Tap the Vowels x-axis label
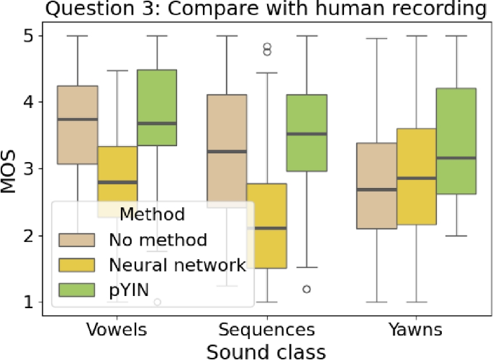118,329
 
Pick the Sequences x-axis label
267,329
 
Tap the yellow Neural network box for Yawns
416,176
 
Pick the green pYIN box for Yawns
456,141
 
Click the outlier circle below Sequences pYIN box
307,289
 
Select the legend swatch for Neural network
79,265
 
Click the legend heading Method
153,214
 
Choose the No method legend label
158,240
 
